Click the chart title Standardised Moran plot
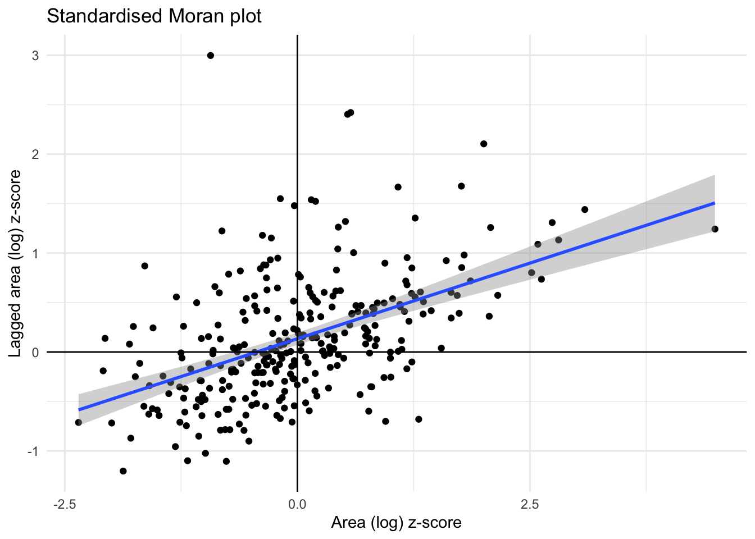[154, 16]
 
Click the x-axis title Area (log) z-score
[396, 523]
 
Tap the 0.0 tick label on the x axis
[297, 504]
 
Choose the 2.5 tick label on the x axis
[530, 504]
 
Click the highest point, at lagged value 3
[211, 56]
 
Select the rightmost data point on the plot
[715, 229]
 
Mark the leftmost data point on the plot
[79, 422]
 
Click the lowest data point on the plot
[124, 471]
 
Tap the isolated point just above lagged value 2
[484, 144]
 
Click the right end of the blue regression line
[714, 203]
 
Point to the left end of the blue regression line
[79, 410]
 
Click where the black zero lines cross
[297, 352]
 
